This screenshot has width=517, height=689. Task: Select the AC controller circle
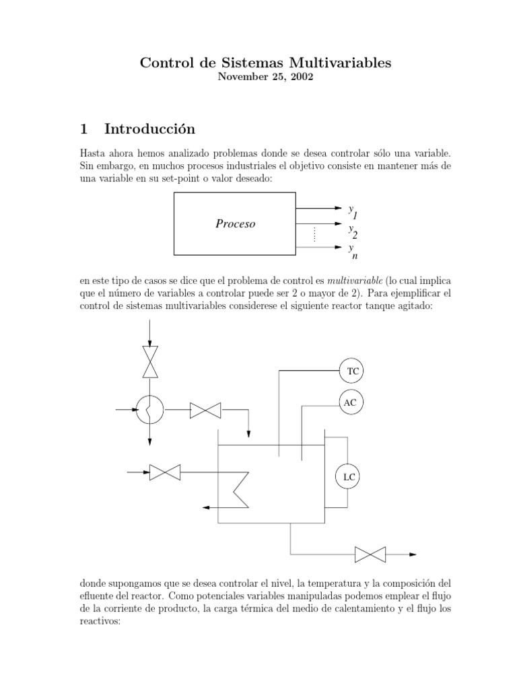pyautogui.click(x=350, y=402)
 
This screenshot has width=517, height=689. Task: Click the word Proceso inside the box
pyautogui.click(x=235, y=224)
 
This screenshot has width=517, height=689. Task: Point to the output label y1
pyautogui.click(x=353, y=212)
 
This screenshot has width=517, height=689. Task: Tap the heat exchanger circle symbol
pyautogui.click(x=149, y=408)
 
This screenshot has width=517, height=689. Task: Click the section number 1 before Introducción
pyautogui.click(x=83, y=129)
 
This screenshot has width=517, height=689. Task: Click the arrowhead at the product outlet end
pyautogui.click(x=413, y=554)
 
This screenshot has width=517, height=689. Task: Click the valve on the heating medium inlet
pyautogui.click(x=162, y=473)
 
